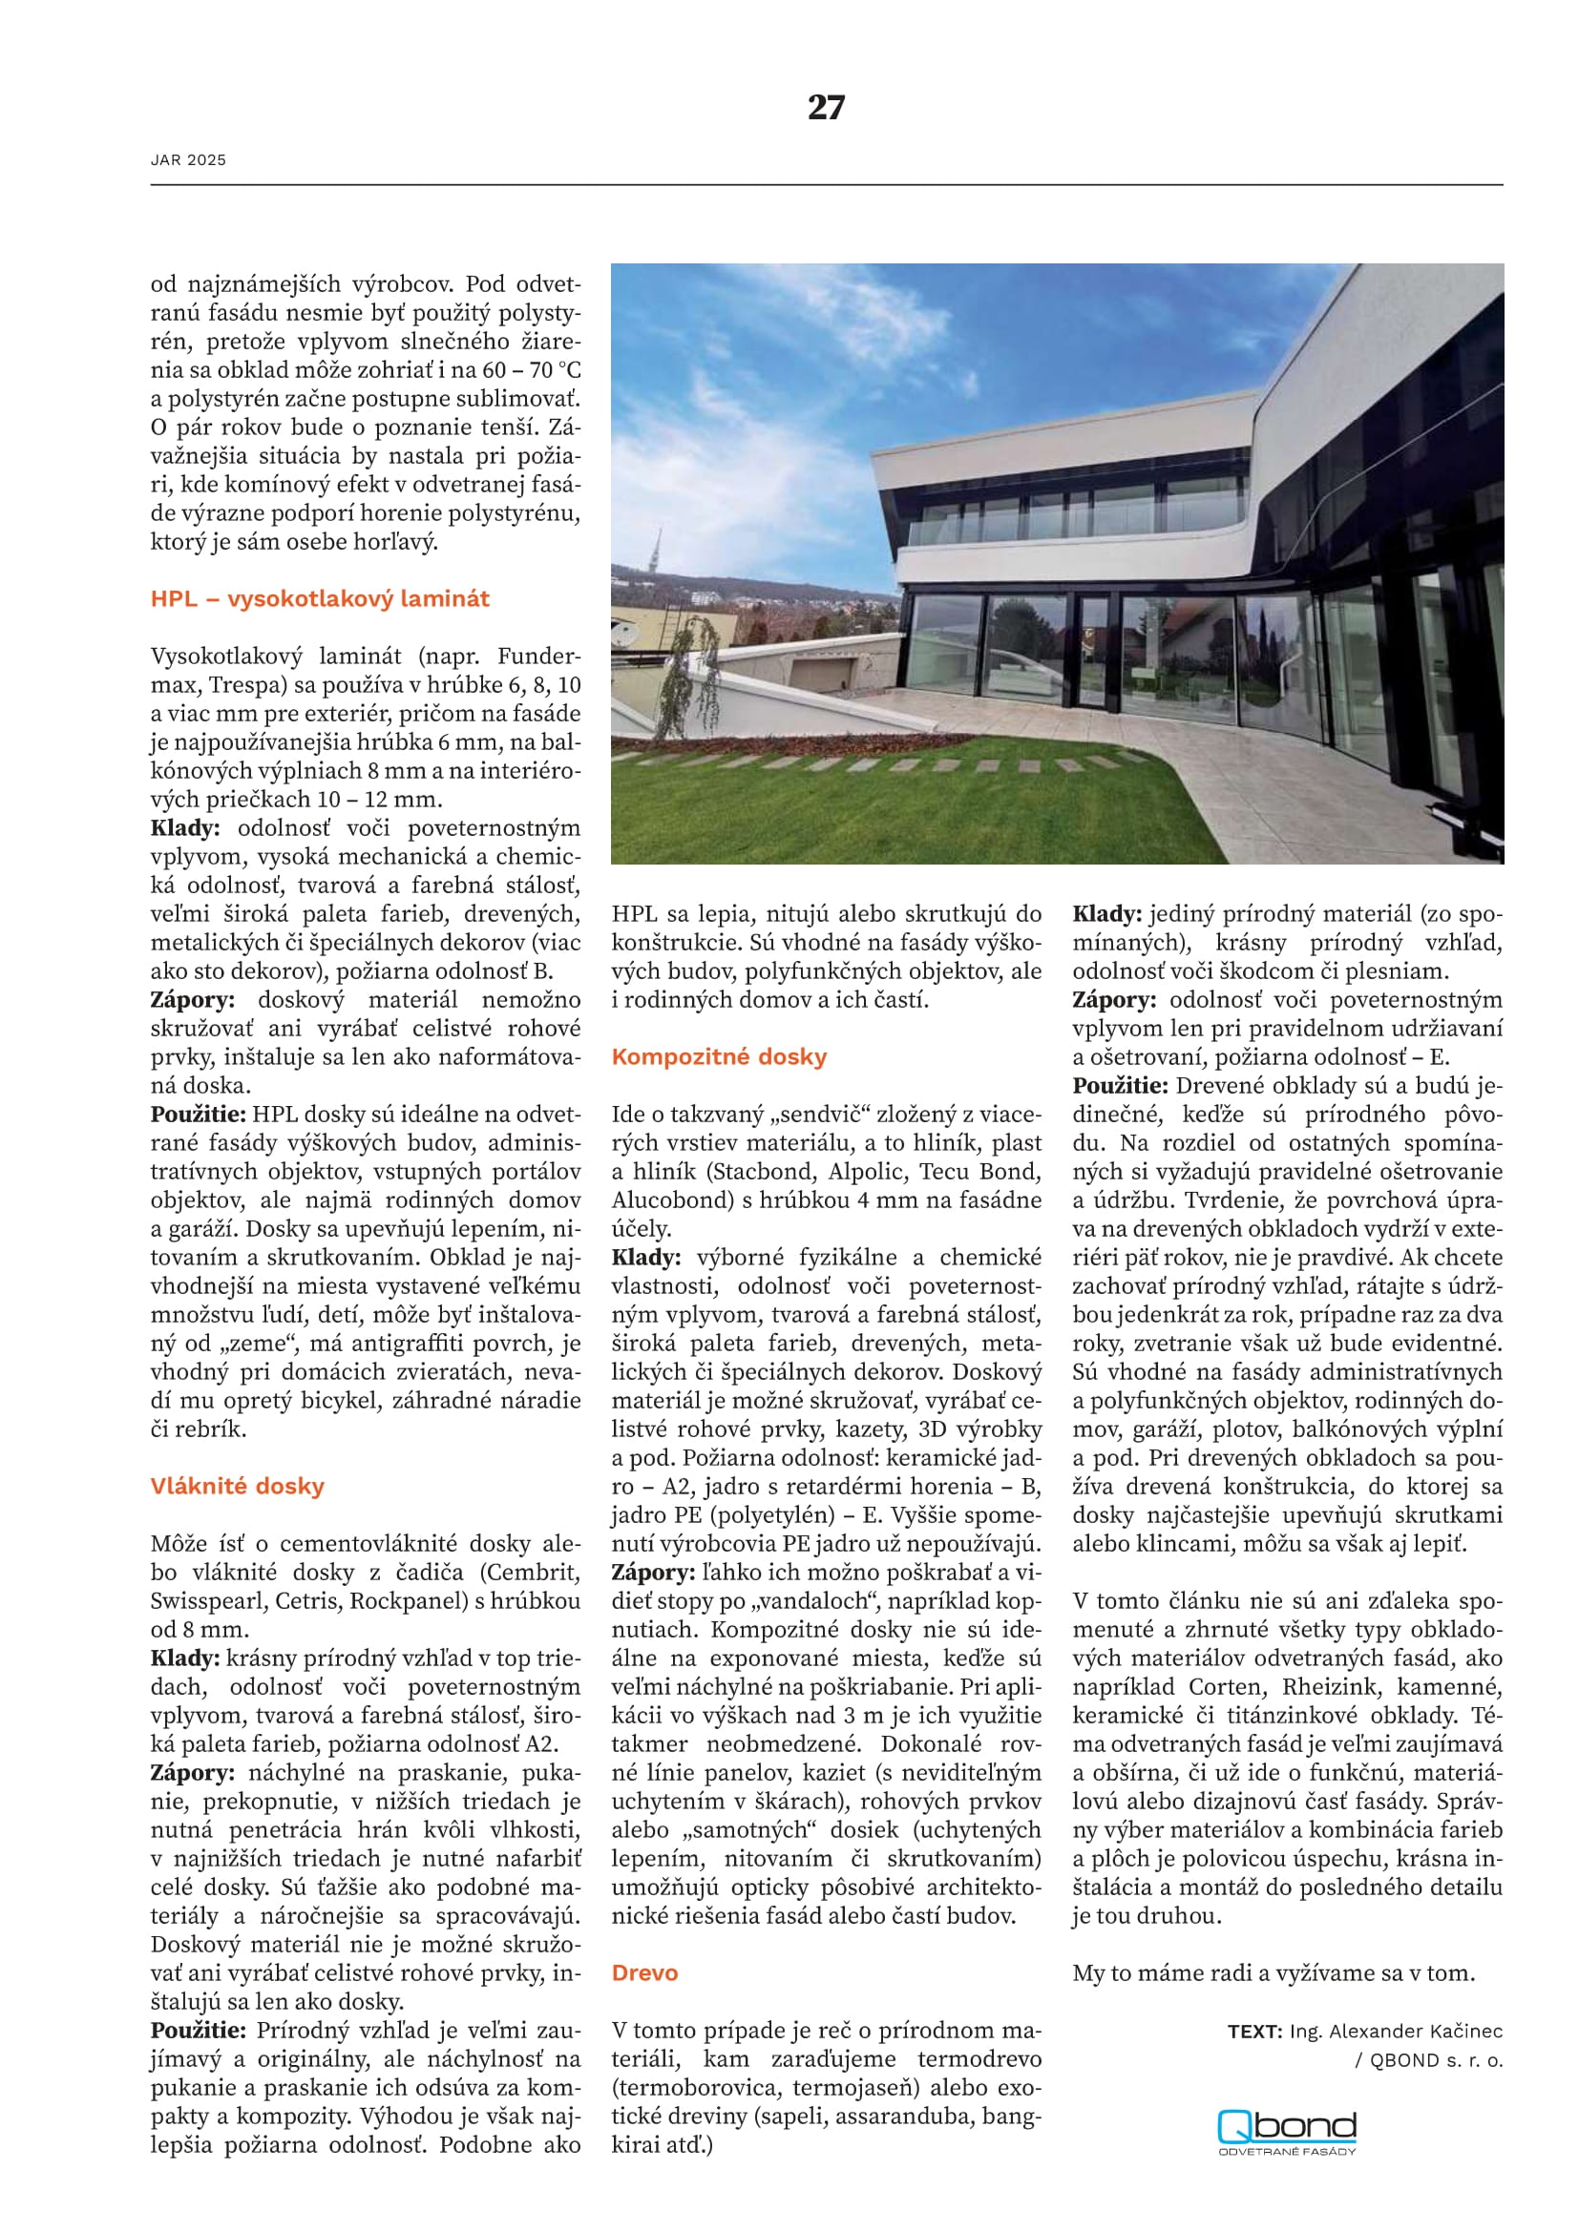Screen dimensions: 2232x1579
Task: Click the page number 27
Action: tap(826, 107)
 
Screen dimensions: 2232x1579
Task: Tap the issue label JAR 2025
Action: tap(189, 160)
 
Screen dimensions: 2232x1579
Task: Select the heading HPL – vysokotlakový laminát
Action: tap(320, 599)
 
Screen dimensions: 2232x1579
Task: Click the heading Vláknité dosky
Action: tap(238, 1487)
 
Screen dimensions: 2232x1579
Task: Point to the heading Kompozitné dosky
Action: tap(719, 1056)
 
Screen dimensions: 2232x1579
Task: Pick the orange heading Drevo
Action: tap(644, 1972)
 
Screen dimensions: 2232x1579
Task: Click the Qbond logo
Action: tap(1286, 2131)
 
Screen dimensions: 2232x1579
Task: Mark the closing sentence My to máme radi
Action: tap(1274, 1972)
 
